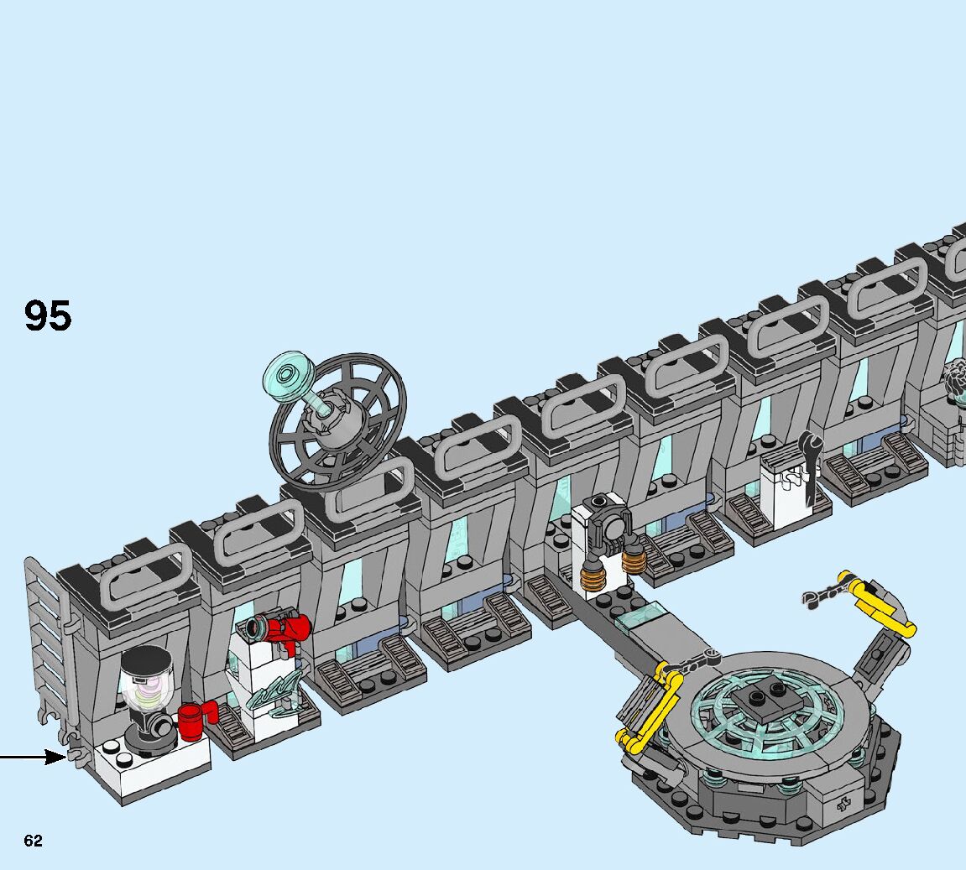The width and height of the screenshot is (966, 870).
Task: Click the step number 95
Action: [x=48, y=315]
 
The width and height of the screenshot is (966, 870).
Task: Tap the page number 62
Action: [x=34, y=841]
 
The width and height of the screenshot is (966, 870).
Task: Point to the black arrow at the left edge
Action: [x=33, y=757]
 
